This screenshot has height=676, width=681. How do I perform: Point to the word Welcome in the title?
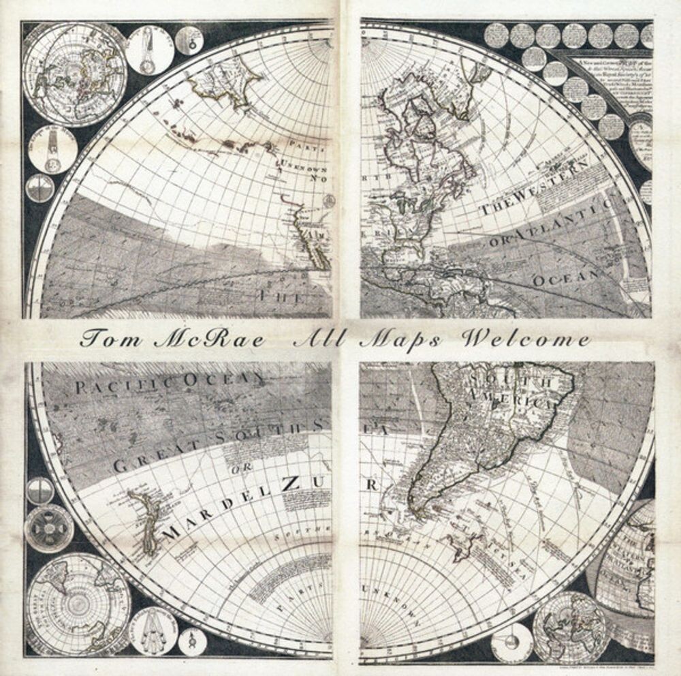point(524,339)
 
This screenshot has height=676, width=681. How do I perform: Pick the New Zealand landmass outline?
point(146,518)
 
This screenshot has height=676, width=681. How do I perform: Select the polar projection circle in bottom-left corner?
point(79,603)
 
